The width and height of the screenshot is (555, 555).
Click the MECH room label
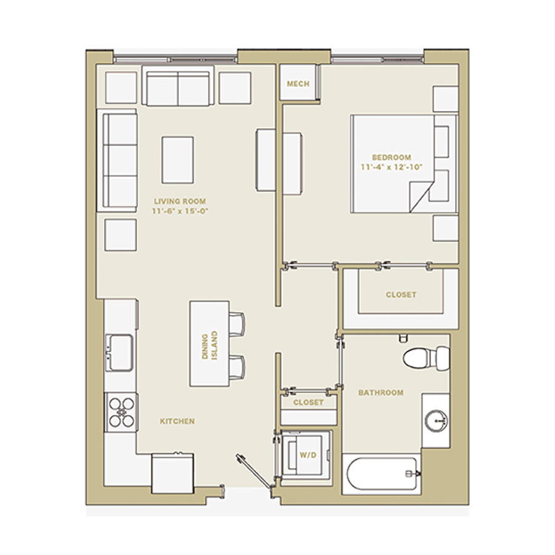tap(298, 84)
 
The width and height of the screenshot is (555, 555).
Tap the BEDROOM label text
tap(392, 157)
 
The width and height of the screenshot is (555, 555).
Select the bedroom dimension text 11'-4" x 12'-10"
tap(392, 167)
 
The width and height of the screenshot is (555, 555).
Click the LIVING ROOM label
tap(180, 202)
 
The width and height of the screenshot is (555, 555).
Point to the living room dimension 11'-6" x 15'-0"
tap(180, 212)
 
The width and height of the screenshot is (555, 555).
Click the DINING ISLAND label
tap(210, 346)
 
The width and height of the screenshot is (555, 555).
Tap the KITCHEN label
tap(177, 421)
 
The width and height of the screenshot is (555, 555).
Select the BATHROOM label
tap(381, 393)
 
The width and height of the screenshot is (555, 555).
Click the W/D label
tap(308, 455)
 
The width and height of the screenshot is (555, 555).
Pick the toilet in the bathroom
tap(426, 358)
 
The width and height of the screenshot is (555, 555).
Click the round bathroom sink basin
tap(437, 421)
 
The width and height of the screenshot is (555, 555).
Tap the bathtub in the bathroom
tap(381, 474)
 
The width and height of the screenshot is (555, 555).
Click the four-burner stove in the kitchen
tap(121, 412)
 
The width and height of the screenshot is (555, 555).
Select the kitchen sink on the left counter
tap(119, 353)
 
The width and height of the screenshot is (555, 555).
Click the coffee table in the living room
tap(178, 160)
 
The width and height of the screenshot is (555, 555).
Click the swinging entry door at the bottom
tap(255, 472)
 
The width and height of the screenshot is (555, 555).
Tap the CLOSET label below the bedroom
tap(401, 295)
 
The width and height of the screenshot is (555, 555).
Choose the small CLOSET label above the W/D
tap(308, 403)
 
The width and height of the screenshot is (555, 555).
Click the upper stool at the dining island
tap(236, 324)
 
